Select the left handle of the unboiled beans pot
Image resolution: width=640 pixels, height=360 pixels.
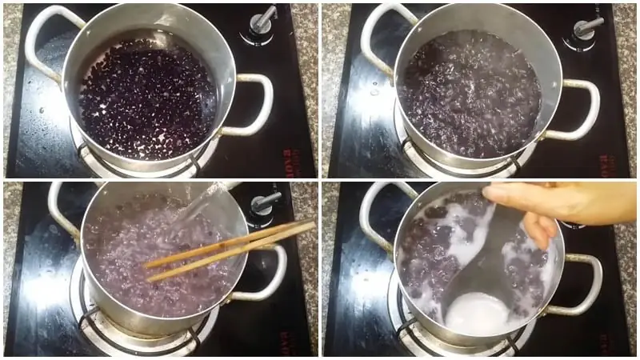click(44, 40)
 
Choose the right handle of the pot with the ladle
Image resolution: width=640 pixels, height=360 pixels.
click(582, 284)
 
